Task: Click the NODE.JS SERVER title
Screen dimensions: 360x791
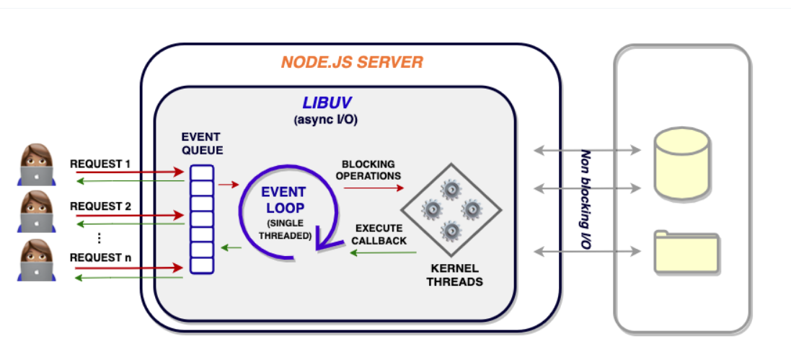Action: pos(352,62)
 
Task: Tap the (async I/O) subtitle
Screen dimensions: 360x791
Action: pos(325,120)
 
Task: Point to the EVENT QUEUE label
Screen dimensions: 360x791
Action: pos(201,144)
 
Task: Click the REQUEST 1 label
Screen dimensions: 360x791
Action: pos(100,164)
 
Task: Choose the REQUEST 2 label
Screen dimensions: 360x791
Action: pos(100,206)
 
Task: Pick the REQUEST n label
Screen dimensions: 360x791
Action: pos(100,257)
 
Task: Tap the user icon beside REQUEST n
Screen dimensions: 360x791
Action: pos(35,260)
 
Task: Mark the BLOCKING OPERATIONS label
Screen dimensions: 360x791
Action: pos(371,170)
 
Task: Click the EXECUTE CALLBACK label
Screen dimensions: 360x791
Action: pos(379,234)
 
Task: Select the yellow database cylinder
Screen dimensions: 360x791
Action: pos(681,164)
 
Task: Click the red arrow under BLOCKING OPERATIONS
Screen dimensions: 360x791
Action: pos(374,188)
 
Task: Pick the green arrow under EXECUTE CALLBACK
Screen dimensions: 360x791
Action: pos(384,253)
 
